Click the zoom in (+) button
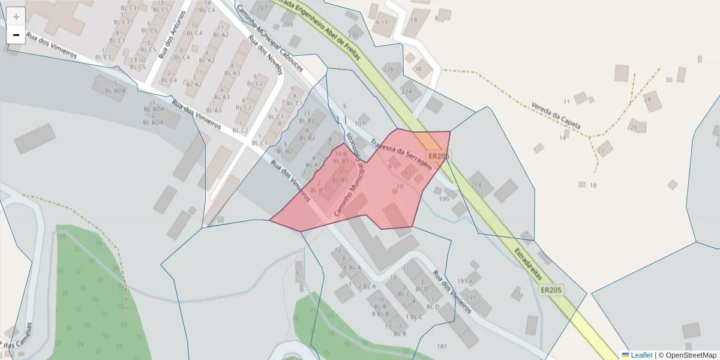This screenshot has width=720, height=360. coord(16,17)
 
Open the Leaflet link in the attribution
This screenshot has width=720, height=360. coord(641,355)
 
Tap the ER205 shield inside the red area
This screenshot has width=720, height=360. coord(439,157)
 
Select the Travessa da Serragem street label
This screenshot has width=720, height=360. coord(401,155)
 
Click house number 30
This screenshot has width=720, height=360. coord(669,80)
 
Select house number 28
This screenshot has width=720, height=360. coord(647,100)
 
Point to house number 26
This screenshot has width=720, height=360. coord(634,127)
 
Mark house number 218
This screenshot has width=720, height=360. coord(476,185)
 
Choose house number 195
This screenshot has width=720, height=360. coord(445,199)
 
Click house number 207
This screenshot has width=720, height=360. coord(262,8)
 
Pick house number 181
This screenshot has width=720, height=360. coord(442,346)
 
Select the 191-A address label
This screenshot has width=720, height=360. coord(465,281)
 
